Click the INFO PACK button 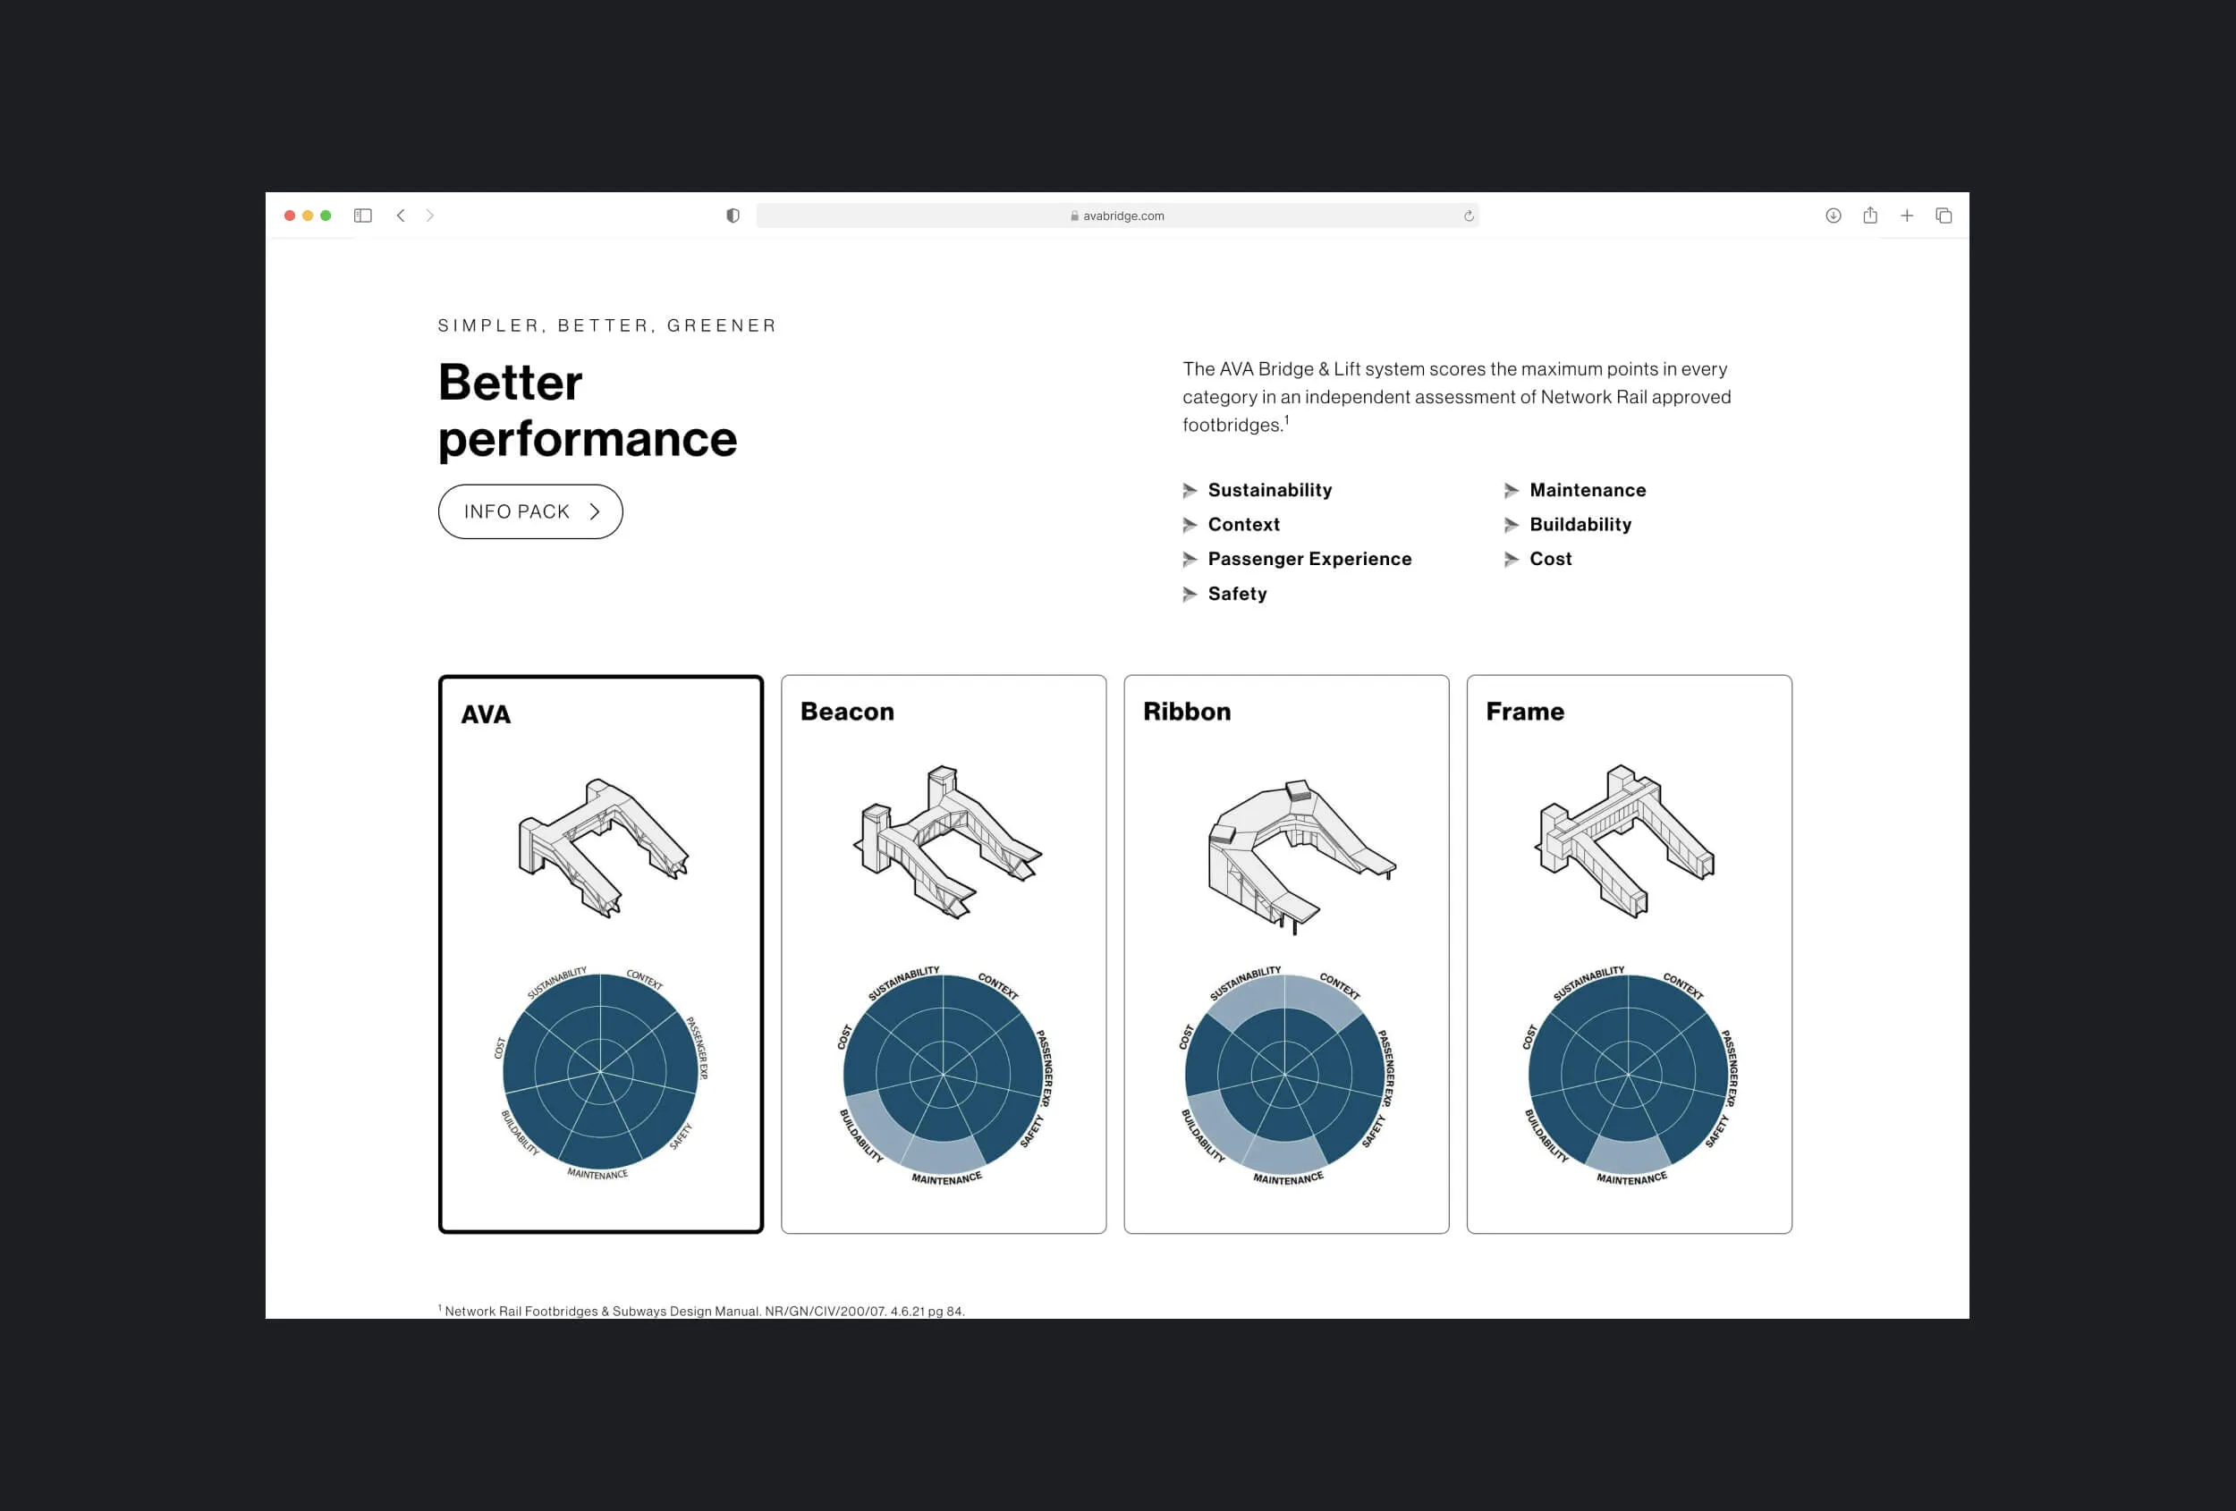[530, 511]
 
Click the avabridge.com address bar [1117, 215]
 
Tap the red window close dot [290, 215]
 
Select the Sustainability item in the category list [1269, 491]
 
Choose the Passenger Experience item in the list [1309, 559]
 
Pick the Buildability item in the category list [1580, 524]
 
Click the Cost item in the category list [1550, 559]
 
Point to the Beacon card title [847, 712]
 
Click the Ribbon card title [1186, 712]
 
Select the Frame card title [1525, 712]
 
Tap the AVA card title [486, 714]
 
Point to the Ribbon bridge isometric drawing [1300, 856]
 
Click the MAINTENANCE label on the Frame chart [1631, 1178]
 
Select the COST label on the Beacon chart [844, 1037]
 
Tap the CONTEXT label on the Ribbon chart [1340, 986]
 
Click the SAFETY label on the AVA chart [682, 1135]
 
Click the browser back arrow [402, 215]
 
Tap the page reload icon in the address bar [1469, 216]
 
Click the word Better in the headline [510, 383]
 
